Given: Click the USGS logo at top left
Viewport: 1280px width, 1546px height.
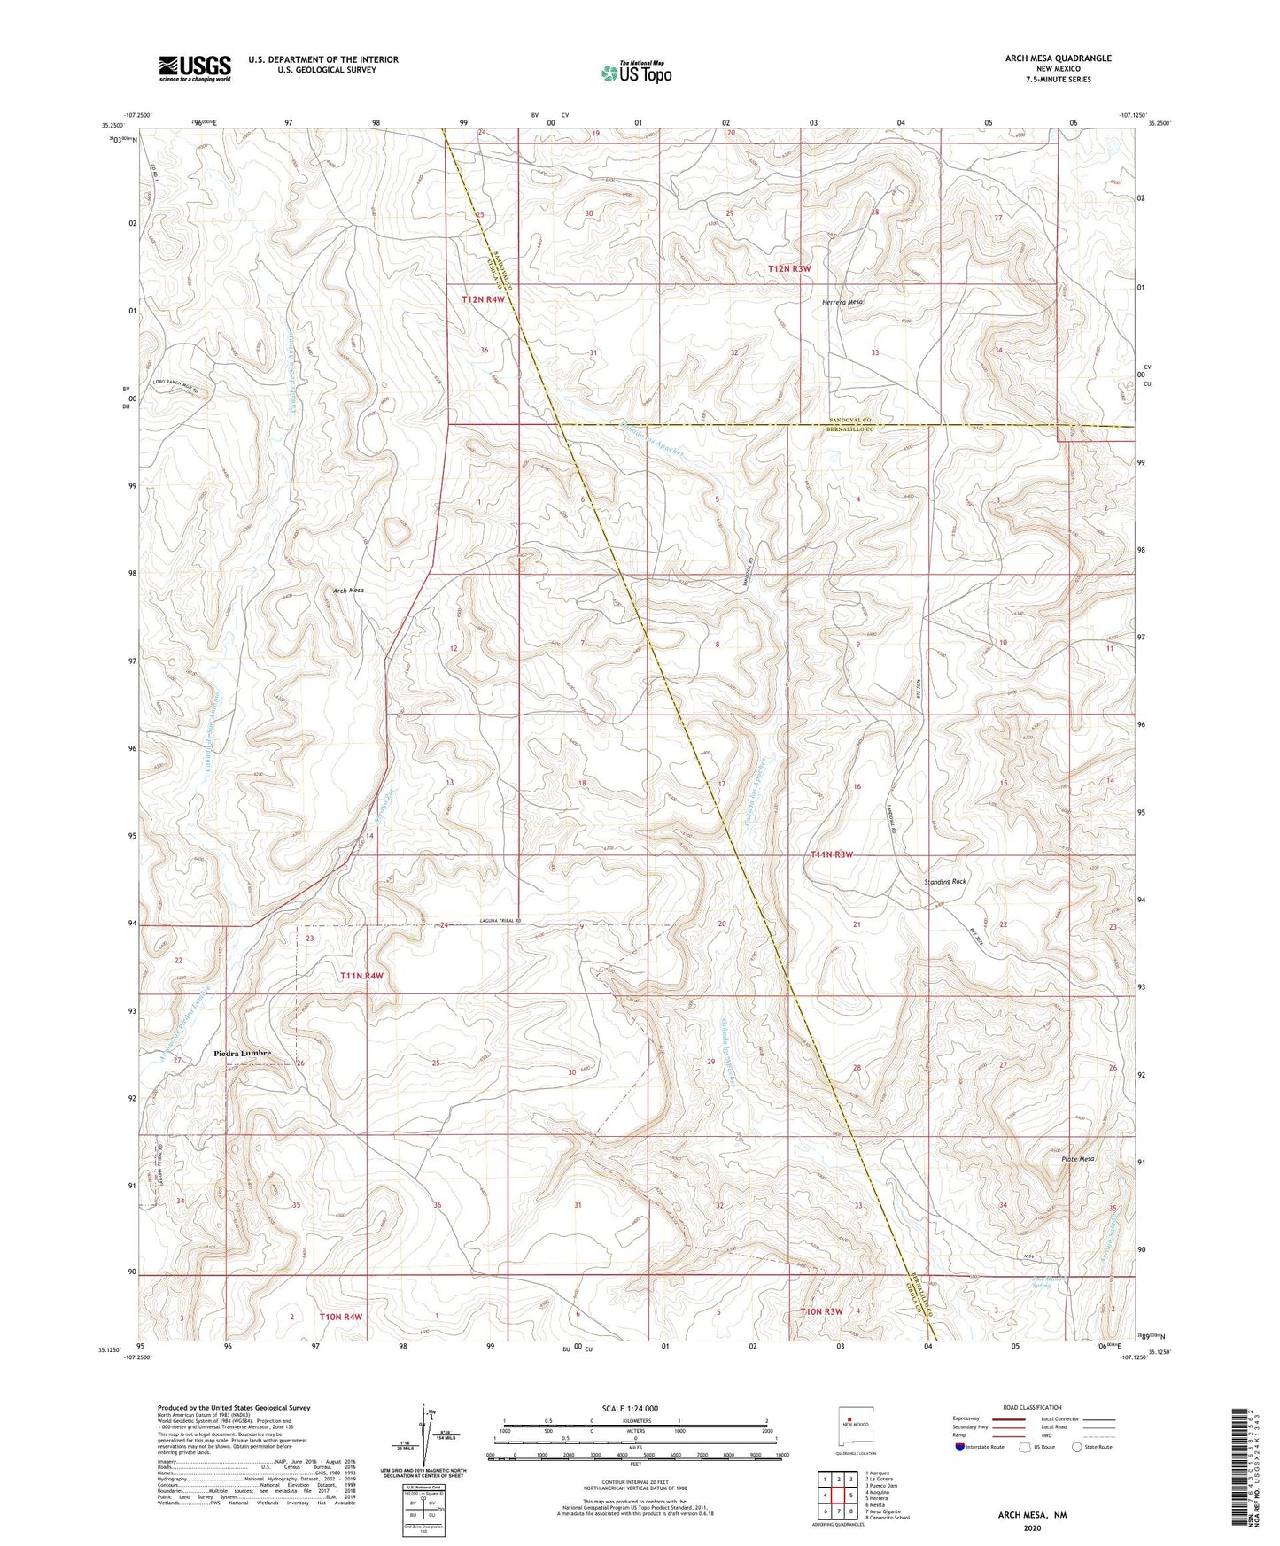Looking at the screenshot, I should point(195,68).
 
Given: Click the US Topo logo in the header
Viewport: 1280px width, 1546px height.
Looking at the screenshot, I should point(635,73).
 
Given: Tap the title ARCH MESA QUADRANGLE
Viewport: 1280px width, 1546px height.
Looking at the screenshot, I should point(1058,58).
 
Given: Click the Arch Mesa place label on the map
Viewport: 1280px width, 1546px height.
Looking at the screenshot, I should point(348,590).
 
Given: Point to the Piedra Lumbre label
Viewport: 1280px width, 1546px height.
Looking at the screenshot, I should point(242,1054).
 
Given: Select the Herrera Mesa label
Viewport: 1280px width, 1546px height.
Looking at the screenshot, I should point(842,302).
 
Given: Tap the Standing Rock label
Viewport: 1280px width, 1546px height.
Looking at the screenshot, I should point(945,882).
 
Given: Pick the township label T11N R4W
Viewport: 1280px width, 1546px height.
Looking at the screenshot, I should point(362,976).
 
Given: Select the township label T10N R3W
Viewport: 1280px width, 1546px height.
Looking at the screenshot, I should point(821,1311).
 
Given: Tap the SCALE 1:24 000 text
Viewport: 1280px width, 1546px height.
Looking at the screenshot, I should point(631,1408).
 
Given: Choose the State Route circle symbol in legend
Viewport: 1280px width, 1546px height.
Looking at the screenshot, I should point(1077,1447).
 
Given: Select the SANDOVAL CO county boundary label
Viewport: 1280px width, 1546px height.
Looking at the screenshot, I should point(850,419).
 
